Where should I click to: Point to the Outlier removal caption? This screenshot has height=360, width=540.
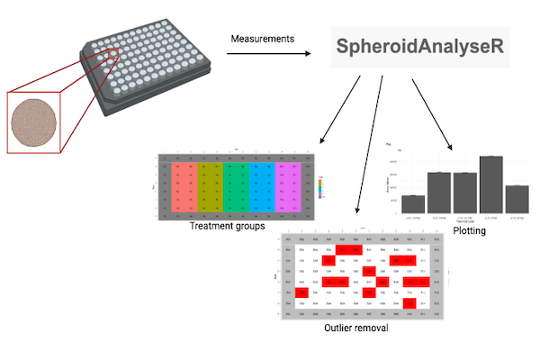pos(356,328)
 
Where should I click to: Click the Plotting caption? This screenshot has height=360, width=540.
pos(469,231)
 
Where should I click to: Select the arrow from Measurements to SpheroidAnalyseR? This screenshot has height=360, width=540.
pos(270,55)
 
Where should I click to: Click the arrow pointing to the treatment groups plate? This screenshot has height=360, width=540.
pos(342,112)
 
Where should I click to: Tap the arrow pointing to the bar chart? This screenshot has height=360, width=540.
pos(432,112)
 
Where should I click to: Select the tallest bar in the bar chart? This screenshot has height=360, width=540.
pos(490,183)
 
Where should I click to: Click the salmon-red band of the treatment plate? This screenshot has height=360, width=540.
pos(185,186)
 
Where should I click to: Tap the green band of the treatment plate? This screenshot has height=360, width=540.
pos(236,186)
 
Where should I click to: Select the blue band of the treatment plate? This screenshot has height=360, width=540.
pos(261,186)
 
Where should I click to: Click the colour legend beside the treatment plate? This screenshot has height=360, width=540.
pos(320,187)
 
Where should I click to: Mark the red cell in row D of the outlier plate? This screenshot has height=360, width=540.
pos(370,270)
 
